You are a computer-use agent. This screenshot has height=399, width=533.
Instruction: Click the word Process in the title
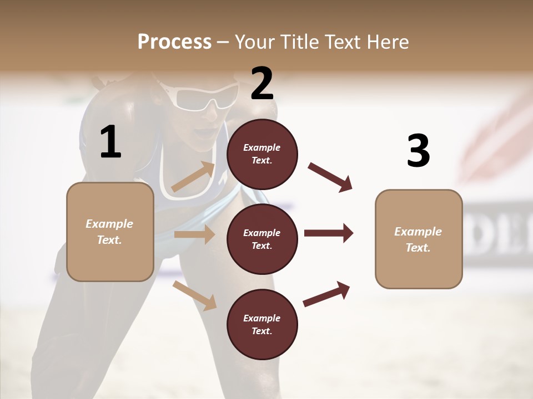point(174,42)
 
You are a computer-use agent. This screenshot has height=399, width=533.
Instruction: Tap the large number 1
point(110,142)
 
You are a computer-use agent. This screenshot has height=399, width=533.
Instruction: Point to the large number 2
point(262,84)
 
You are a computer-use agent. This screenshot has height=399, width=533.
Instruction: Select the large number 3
point(418,151)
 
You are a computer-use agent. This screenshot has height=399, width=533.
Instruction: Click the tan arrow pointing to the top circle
point(193,177)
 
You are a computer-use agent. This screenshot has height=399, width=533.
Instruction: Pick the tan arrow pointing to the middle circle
point(194,234)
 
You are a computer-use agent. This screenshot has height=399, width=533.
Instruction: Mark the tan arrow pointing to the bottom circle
point(195,295)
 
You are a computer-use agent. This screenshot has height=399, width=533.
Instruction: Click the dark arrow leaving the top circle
point(330,177)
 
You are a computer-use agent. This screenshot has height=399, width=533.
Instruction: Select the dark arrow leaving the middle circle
point(329,233)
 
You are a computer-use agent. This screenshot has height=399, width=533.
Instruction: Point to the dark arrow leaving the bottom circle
point(326,294)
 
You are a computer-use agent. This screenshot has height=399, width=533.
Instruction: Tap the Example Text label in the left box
point(109,232)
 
